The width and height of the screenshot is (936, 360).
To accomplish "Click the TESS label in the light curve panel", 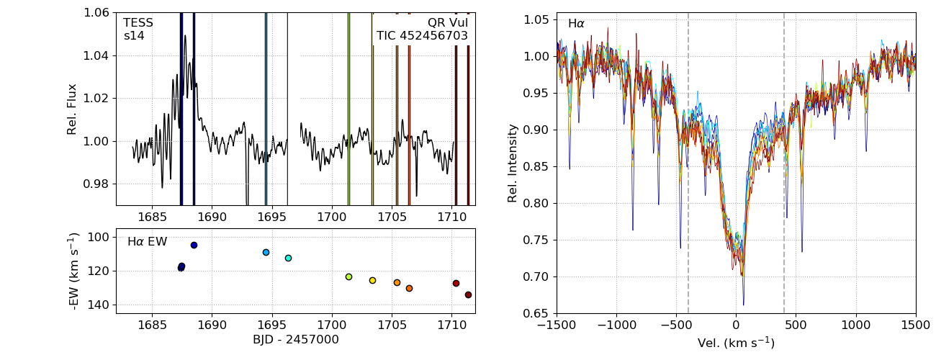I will click(x=138, y=23).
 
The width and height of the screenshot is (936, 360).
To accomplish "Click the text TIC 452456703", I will click(x=422, y=36).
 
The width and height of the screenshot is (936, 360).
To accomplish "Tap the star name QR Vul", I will click(x=447, y=23).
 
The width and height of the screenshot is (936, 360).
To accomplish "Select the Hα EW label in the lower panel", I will click(x=147, y=242).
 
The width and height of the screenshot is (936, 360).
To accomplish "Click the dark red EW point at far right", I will click(x=468, y=294).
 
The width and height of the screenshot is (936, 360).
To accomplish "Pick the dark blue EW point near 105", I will click(x=194, y=245).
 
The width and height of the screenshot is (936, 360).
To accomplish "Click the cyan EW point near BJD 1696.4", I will click(x=288, y=258).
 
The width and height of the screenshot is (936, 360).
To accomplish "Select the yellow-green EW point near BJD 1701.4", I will click(x=348, y=276).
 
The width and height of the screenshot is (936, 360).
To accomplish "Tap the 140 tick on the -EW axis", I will click(x=99, y=305).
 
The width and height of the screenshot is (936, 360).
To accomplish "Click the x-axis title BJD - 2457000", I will click(x=295, y=340).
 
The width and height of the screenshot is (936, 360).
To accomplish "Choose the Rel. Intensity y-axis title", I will click(x=513, y=163).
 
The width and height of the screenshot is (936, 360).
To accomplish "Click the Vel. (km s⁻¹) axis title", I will click(x=736, y=343).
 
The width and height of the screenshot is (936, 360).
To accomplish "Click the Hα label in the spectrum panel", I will click(x=576, y=24).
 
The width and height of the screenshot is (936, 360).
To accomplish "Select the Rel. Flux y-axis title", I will click(x=72, y=109).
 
